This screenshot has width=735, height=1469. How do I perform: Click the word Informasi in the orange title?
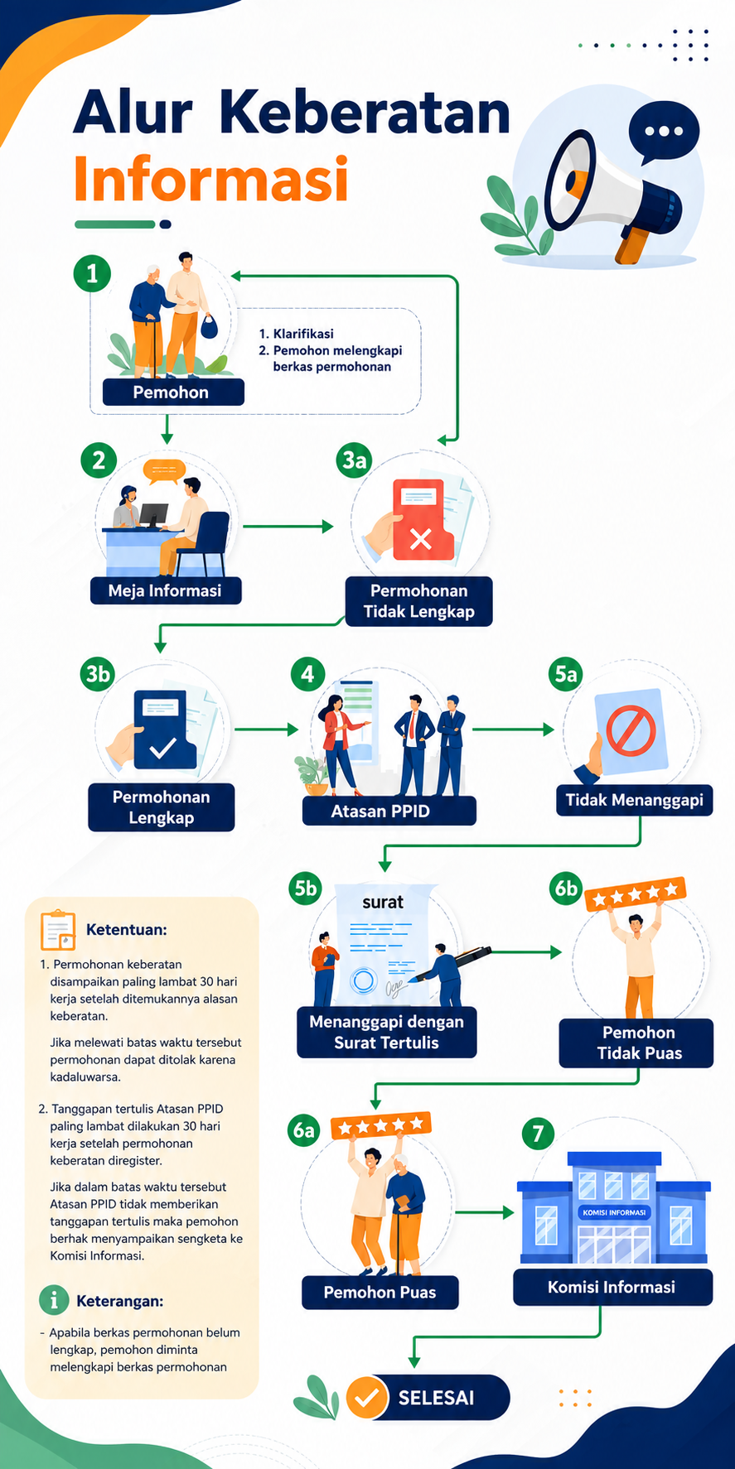tap(210, 179)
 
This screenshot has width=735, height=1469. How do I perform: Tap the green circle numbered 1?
tap(92, 272)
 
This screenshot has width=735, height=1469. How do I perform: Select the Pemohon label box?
tap(173, 392)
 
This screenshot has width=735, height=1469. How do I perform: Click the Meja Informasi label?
tap(166, 590)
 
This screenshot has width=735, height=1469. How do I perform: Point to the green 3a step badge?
tap(355, 460)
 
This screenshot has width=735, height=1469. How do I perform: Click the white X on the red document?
tap(421, 540)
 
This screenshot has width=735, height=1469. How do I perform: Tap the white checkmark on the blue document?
tap(162, 749)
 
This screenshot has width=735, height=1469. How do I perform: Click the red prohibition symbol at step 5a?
tap(631, 730)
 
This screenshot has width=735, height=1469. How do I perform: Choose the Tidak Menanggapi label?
tap(634, 800)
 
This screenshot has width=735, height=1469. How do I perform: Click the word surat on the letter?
tap(383, 902)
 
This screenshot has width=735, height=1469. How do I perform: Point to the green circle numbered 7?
tap(538, 1133)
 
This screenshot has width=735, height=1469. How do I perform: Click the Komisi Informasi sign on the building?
tap(613, 1212)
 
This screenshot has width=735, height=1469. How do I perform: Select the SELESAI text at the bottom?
tap(437, 1398)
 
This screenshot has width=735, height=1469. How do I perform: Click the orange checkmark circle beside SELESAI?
tap(367, 1398)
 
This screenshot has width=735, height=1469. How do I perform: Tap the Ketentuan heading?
tap(127, 929)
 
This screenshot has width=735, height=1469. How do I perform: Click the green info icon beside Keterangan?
tap(54, 1300)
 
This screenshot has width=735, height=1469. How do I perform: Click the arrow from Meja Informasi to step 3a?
tap(288, 526)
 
